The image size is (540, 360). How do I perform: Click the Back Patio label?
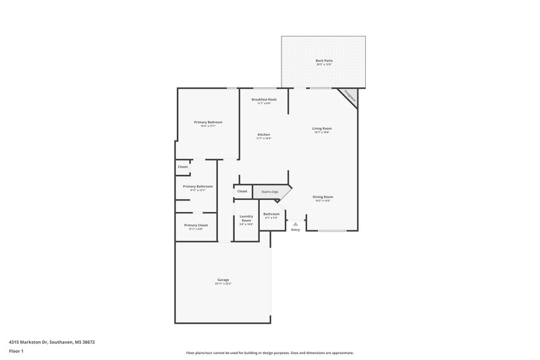click(x=324, y=61)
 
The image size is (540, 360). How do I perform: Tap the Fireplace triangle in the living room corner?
click(x=350, y=96)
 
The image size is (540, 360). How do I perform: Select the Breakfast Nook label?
click(x=264, y=100)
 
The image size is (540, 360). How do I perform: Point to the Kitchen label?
click(x=264, y=135)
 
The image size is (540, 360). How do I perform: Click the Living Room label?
click(x=322, y=128)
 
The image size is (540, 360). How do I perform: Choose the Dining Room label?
click(x=323, y=197)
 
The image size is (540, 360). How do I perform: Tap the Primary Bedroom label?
click(x=208, y=122)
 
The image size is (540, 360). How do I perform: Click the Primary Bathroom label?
click(x=198, y=186)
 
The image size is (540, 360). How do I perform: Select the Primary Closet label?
click(x=196, y=225)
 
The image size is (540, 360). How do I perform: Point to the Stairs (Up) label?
click(x=270, y=192)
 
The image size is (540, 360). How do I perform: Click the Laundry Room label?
click(x=246, y=219)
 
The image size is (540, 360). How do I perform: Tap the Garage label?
click(x=223, y=280)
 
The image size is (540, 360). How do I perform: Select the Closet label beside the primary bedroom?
click(x=182, y=167)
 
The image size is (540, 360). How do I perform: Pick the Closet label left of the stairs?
click(x=242, y=191)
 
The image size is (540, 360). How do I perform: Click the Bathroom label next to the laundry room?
click(x=271, y=214)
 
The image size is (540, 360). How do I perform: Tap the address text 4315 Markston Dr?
click(x=52, y=342)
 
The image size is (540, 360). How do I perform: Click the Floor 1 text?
click(x=16, y=351)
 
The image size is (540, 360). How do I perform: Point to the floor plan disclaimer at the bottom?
click(x=270, y=353)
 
